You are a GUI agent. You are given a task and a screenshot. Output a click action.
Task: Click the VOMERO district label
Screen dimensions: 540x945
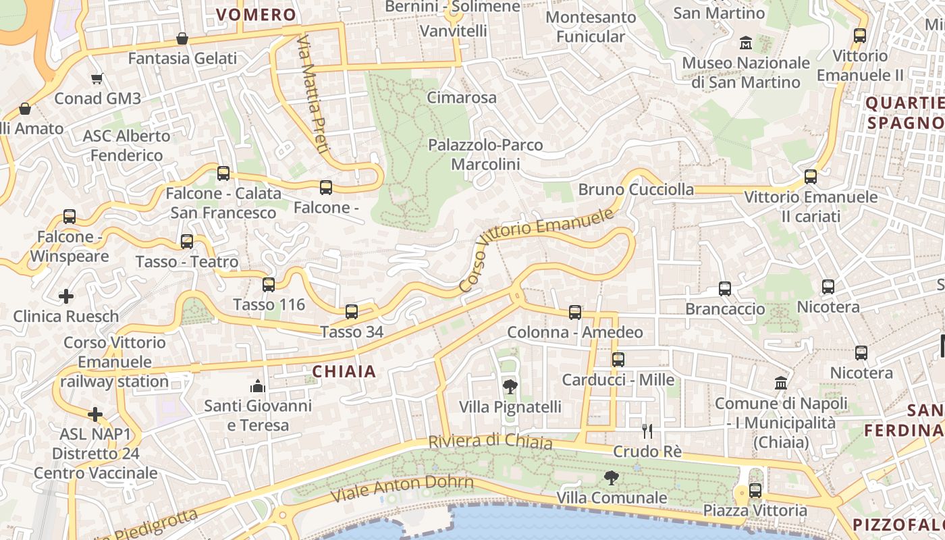(x=256, y=15)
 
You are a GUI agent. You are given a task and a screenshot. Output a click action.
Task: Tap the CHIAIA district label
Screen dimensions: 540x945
(x=344, y=371)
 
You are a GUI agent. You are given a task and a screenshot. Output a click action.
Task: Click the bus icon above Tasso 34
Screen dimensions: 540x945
(x=351, y=311)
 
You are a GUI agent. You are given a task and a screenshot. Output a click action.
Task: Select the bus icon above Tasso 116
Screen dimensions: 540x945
(x=269, y=284)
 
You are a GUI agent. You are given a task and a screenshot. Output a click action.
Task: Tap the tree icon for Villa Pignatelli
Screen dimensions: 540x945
(x=510, y=387)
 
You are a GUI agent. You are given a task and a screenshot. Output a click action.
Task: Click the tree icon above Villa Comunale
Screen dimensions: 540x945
(x=612, y=478)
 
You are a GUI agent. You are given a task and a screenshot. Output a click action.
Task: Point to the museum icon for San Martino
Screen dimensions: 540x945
(x=746, y=43)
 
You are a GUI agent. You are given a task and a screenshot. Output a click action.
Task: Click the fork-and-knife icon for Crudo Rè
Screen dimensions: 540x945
(x=647, y=431)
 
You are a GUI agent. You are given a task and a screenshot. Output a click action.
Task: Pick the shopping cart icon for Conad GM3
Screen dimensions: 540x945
(x=97, y=79)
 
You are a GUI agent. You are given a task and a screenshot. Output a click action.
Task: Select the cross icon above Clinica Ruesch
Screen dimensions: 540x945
(x=66, y=296)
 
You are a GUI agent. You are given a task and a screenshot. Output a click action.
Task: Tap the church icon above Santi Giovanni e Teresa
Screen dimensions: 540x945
(x=258, y=386)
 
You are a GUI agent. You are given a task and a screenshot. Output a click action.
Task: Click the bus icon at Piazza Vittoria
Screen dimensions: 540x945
(x=755, y=491)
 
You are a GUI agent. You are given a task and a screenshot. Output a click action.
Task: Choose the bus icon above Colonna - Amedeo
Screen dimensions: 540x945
(x=575, y=312)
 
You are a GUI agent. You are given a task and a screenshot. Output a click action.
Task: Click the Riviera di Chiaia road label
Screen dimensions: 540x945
(x=490, y=442)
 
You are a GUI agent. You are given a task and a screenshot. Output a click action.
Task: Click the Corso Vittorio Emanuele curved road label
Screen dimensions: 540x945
(x=537, y=249)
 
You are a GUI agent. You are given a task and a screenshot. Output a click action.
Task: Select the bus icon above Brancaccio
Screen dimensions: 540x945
(x=725, y=289)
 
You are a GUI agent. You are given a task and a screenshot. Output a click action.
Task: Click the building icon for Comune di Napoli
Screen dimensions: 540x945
(x=781, y=383)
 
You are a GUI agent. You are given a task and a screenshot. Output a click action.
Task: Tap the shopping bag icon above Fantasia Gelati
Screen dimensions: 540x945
(x=182, y=38)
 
